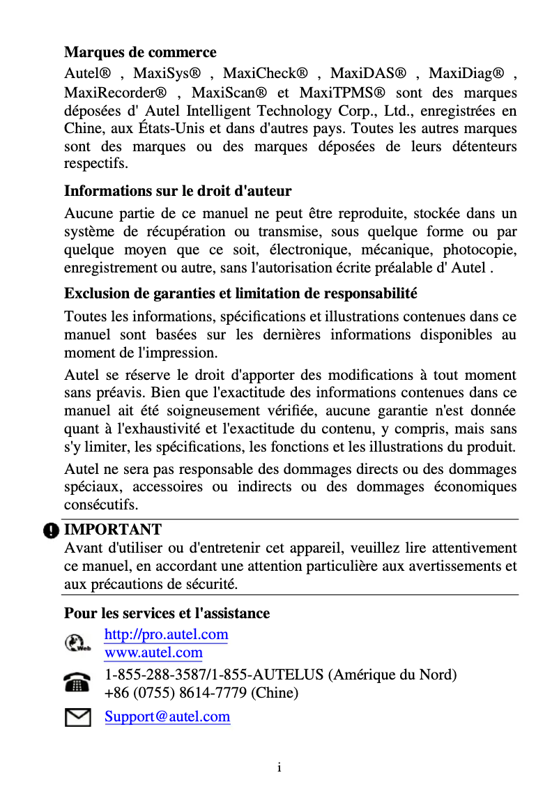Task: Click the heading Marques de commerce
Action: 140,52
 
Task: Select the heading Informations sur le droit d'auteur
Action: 178,191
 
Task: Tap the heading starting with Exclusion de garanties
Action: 240,293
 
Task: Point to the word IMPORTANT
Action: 113,530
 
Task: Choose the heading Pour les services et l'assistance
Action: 167,613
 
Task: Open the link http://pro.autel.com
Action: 166,634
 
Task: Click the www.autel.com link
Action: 153,653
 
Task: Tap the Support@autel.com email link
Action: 167,716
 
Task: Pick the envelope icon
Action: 77,716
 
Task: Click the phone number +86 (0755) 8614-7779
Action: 176,693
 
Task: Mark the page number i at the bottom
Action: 279,768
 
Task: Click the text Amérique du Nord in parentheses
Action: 392,675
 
